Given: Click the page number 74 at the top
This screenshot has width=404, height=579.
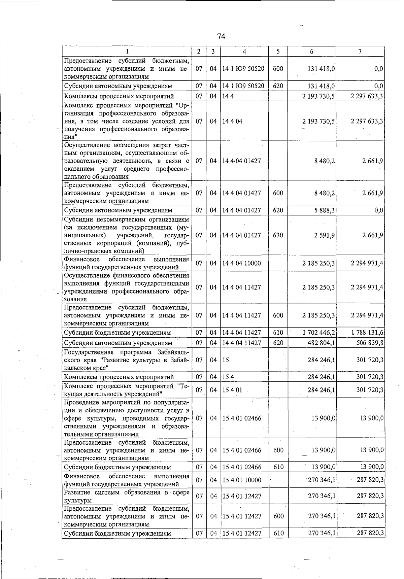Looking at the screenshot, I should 221,36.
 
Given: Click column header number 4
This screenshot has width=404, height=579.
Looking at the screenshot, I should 244,52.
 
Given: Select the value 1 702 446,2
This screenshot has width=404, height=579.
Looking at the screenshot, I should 318,333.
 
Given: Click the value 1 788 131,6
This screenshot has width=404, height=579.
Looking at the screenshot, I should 367,333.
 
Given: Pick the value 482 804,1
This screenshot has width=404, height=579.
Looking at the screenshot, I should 321,343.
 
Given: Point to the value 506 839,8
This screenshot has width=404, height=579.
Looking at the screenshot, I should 370,343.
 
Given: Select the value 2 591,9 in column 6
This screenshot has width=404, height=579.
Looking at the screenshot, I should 325,235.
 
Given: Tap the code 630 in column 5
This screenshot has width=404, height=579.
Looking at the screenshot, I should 278,235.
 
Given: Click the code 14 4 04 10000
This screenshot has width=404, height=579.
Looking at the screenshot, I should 241,263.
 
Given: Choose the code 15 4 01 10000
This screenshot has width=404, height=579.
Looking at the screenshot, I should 241,480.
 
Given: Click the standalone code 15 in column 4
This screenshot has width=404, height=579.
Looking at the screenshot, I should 226,360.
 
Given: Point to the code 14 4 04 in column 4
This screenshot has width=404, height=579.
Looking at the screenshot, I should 232,121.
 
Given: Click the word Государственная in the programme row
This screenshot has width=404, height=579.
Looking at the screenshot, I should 86,352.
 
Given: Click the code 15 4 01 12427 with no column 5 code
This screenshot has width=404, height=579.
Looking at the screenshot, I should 241,496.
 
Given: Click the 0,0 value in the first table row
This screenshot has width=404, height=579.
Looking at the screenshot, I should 378,69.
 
